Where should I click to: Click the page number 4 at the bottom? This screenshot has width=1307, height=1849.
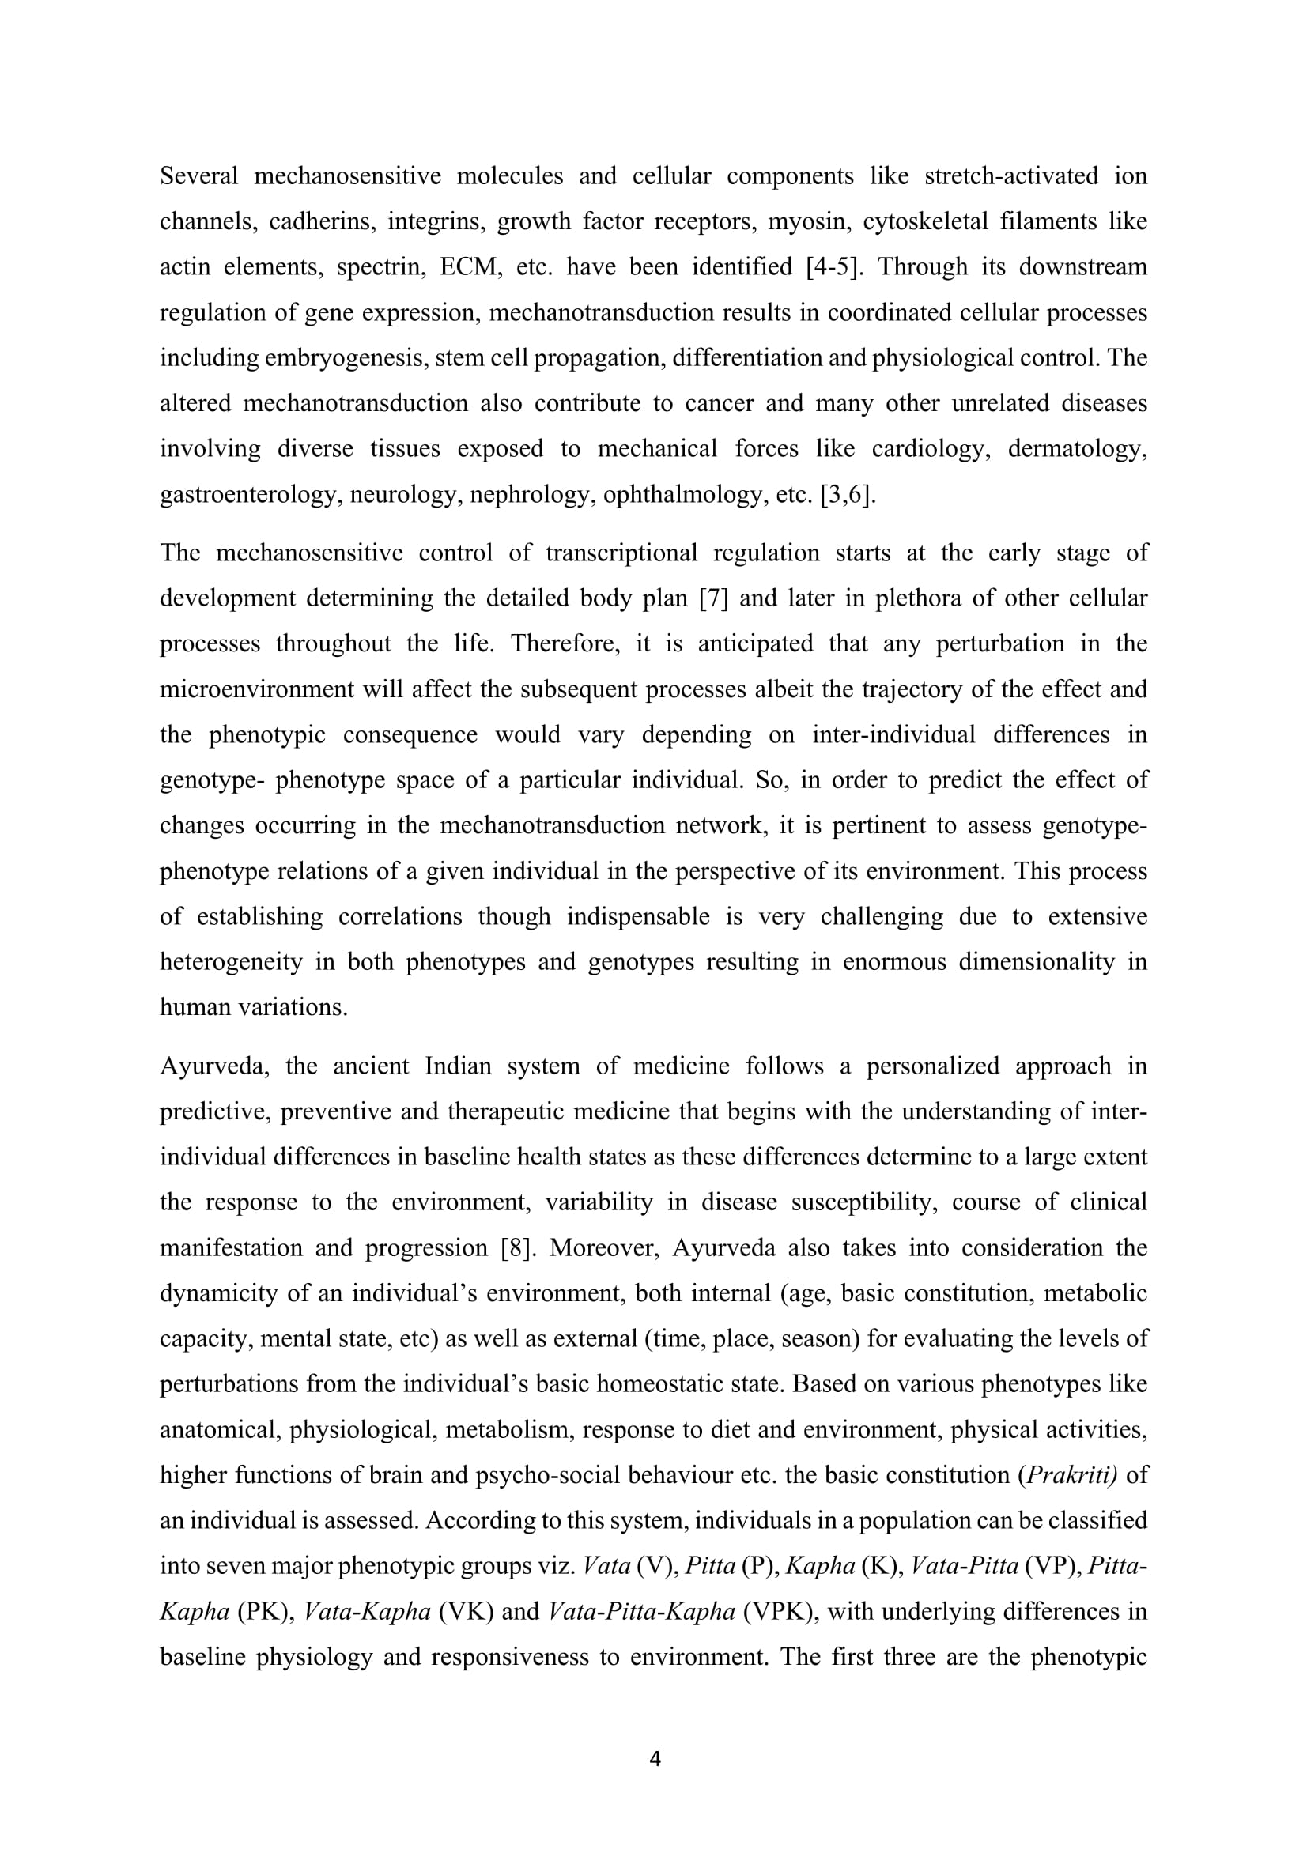[654, 1760]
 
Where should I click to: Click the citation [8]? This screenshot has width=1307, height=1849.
[515, 1247]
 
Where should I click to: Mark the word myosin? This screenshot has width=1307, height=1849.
[807, 221]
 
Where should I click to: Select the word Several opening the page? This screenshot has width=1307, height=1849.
[199, 175]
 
